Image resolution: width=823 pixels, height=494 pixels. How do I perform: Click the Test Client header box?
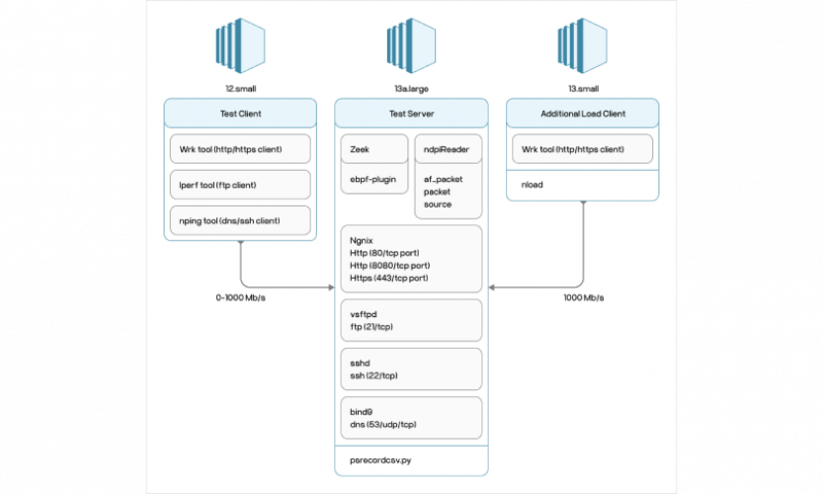[240, 114]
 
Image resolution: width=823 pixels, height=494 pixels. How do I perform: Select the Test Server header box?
[410, 114]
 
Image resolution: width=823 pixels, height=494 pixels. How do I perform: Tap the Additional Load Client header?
[582, 114]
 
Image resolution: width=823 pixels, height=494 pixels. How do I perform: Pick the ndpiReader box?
[448, 149]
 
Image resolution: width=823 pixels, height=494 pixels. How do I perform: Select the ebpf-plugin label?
[373, 179]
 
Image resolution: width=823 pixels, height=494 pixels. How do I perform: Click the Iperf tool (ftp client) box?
[240, 184]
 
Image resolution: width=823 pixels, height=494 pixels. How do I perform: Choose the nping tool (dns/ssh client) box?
[240, 219]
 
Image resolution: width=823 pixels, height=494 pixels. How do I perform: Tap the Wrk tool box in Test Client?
[240, 149]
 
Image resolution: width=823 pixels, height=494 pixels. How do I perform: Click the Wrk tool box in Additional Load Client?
[582, 149]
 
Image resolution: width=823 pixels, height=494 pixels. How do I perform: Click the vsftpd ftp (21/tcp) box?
[410, 320]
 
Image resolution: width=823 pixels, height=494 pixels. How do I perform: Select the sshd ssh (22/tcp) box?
[410, 369]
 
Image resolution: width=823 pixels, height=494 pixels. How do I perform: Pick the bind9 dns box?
[410, 417]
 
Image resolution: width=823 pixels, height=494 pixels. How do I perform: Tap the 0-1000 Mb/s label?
[241, 297]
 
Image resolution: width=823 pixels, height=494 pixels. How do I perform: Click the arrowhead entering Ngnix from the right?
[489, 288]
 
